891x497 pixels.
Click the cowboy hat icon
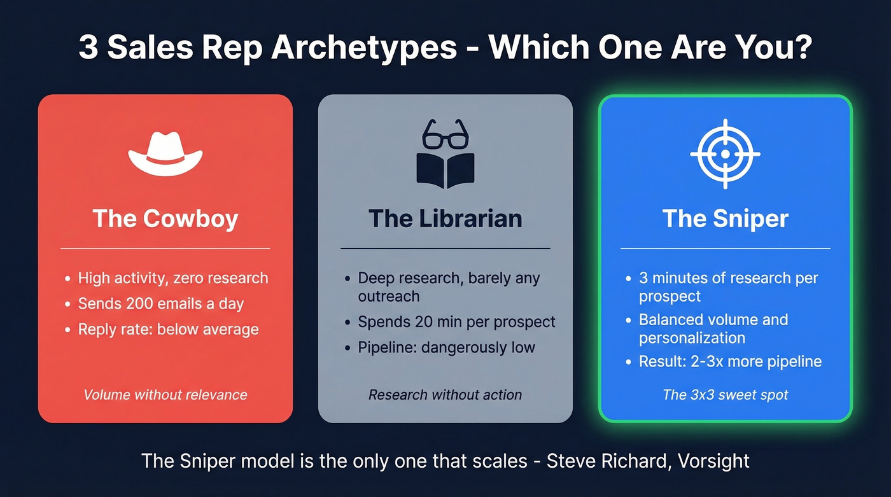point(165,155)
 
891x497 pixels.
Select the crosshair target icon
point(725,153)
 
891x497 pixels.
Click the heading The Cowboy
point(165,219)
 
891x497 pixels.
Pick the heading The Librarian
point(445,219)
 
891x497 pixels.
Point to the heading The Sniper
point(726,219)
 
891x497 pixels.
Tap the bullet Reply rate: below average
point(168,329)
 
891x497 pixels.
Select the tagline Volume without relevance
point(165,395)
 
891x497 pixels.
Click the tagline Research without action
point(445,395)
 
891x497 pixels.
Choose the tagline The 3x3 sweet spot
point(726,395)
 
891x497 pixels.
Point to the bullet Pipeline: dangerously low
point(446,347)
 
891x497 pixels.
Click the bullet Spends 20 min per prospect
point(456,322)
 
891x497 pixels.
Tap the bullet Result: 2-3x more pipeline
point(730,361)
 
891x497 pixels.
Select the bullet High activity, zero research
point(173,278)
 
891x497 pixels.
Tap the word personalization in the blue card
point(692,337)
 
